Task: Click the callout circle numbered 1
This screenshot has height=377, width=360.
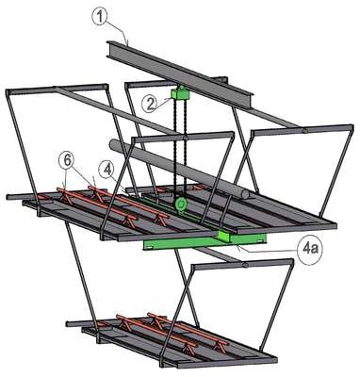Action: pos(100,17)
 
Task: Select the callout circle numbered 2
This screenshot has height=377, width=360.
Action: pos(150,104)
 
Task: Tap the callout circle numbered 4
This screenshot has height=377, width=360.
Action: pos(107,171)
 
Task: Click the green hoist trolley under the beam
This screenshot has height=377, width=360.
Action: pos(180,93)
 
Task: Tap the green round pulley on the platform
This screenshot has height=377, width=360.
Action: pos(180,204)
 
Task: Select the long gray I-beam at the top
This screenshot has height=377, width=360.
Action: pos(179,74)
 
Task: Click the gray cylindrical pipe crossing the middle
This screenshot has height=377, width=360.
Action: pos(179,170)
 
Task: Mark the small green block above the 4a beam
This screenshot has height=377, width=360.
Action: pos(225,236)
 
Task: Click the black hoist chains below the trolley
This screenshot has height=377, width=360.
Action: pos(180,148)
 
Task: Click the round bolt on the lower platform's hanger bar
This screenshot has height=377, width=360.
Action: pos(245,266)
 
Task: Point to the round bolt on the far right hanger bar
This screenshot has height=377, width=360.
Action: pos(304,131)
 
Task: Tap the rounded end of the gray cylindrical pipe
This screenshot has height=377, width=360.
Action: pos(245,195)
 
